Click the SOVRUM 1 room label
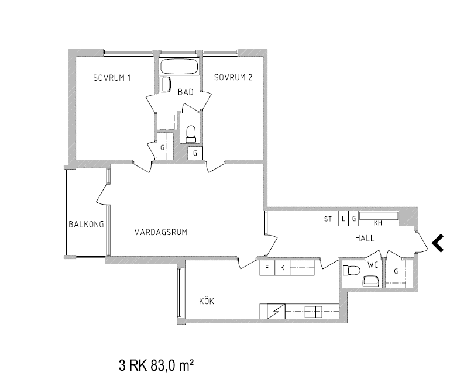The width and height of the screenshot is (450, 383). pos(112,78)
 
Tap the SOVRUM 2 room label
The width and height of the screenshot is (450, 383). pos(233,77)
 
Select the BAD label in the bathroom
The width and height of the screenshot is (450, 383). pos(186,92)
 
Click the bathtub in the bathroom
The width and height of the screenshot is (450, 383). pos(179,67)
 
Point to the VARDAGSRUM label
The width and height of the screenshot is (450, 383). pos(161,232)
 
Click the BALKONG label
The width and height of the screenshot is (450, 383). pos(86,224)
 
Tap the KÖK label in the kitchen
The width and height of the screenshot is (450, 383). pos(207,301)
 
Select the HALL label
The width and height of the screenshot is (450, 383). pos(365,238)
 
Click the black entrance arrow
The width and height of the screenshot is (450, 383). pos(438,243)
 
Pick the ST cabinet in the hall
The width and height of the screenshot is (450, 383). pos(328,219)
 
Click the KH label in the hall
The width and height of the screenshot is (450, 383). pos(378,223)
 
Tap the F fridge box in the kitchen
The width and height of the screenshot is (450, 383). pos(267,268)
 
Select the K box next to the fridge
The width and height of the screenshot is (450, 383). pos(283,268)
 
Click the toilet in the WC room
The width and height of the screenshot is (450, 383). pos(352,270)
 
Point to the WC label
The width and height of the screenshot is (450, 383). pos(373,265)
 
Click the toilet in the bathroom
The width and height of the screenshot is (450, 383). pos(191,134)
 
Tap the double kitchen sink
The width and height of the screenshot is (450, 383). pos(314,312)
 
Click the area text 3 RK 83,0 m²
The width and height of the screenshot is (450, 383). pos(156,365)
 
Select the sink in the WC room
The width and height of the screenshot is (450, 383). pos(370,281)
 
